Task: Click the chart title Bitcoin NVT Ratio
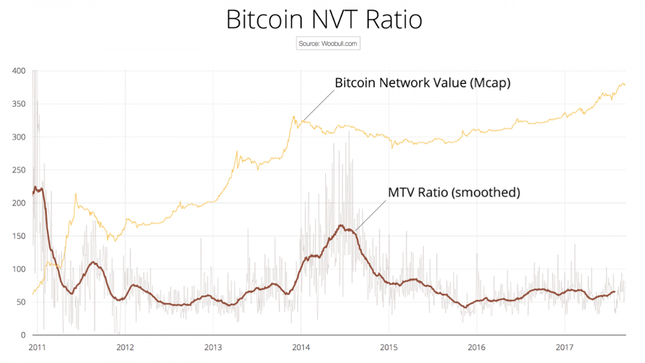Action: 324,19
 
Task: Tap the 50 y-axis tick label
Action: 20,301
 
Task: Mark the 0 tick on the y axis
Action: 22,334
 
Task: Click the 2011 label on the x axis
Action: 37,348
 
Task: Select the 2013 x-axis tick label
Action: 213,348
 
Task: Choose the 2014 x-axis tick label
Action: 301,348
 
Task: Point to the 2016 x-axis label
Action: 476,348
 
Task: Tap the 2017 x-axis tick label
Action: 564,348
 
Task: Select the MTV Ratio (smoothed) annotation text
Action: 454,192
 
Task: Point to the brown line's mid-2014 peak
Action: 341,225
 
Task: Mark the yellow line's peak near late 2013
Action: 294,116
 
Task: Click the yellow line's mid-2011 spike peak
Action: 76,194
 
